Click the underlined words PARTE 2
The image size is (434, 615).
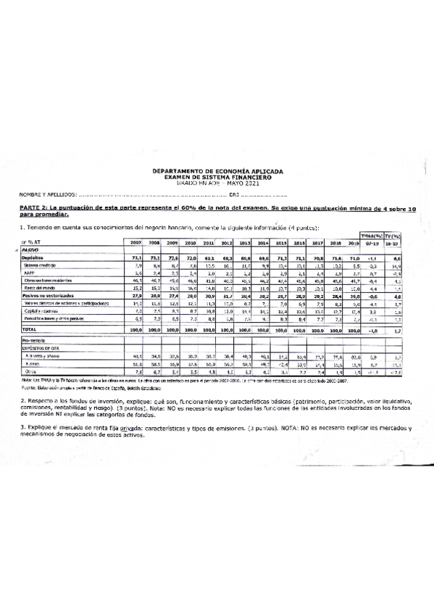[x=33, y=208]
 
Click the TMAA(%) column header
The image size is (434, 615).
[x=371, y=236]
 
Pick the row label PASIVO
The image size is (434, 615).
[x=30, y=249]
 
